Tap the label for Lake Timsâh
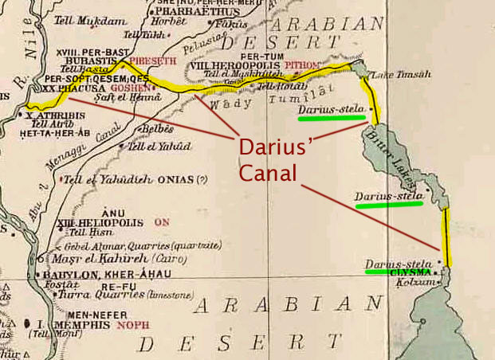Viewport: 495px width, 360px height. tap(407, 74)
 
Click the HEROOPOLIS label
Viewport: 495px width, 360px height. tap(245, 65)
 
